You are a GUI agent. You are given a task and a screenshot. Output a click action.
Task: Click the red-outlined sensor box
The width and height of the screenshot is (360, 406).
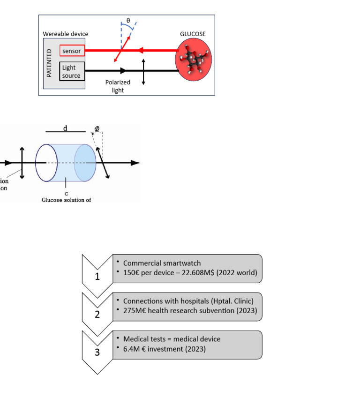[x=72, y=50]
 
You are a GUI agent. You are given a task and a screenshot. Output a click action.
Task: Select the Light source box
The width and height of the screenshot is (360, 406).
[x=72, y=71]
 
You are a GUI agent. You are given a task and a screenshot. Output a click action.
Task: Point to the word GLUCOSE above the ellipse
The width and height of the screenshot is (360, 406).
[x=193, y=34]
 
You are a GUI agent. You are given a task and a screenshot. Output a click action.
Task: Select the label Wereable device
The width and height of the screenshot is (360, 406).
[x=66, y=34]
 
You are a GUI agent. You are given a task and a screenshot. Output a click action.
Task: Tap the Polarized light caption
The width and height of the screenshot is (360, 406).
[x=118, y=86]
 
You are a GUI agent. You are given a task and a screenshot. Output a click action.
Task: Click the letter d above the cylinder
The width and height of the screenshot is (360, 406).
[x=66, y=128]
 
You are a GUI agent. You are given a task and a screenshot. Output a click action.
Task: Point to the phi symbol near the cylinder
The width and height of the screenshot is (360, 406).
[x=97, y=128]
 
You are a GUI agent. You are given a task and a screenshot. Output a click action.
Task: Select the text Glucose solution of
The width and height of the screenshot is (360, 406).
[x=66, y=200]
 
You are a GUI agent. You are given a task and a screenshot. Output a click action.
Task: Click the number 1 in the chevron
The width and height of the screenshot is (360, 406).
[x=97, y=277]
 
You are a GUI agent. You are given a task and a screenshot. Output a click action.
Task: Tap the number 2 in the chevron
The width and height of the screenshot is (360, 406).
[x=97, y=315]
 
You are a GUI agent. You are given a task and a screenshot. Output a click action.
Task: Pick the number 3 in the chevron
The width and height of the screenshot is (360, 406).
[x=97, y=353]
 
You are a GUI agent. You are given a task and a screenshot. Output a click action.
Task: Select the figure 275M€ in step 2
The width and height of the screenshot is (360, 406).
[x=135, y=311]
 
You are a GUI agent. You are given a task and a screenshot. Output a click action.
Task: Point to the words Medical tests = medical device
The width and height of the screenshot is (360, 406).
[x=172, y=338]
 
